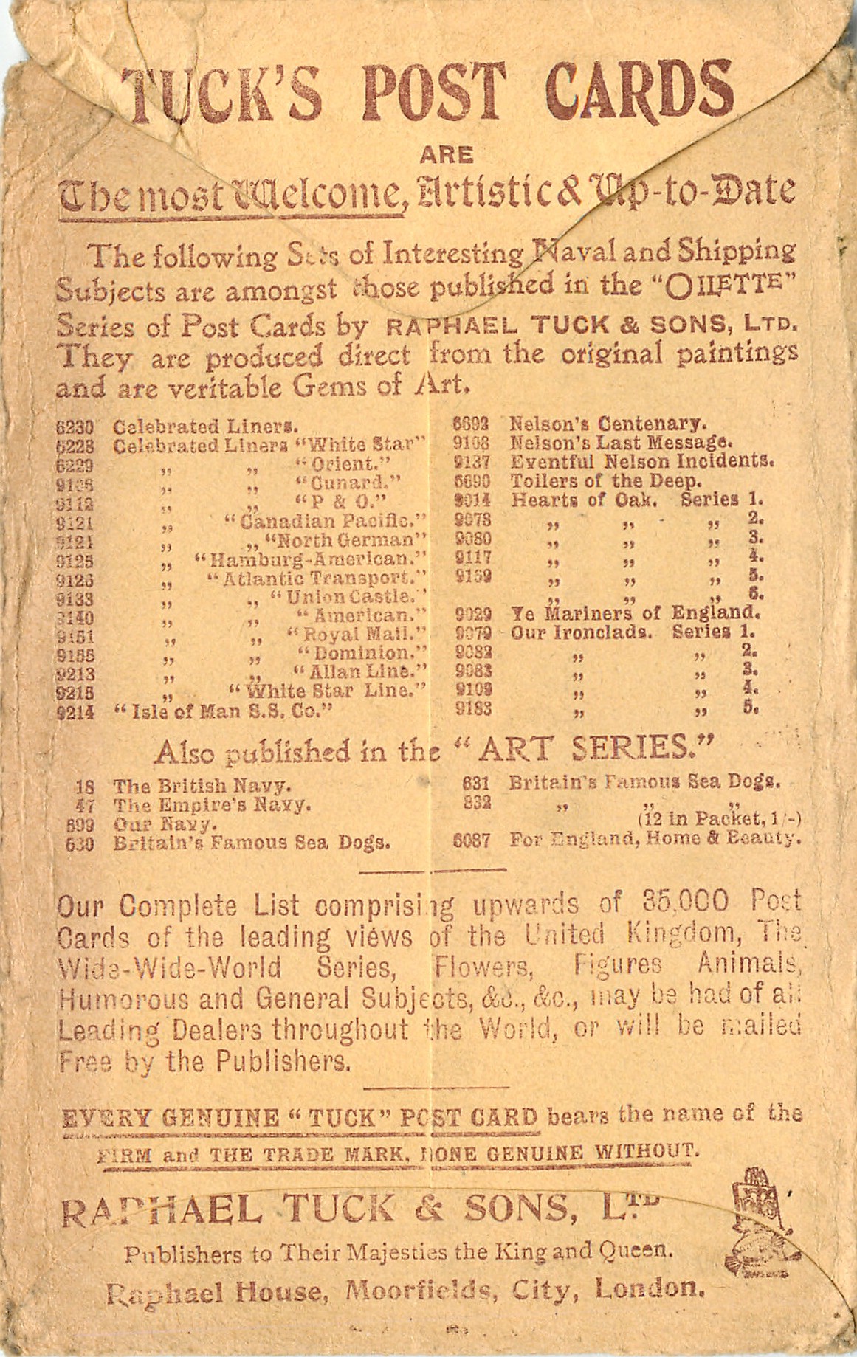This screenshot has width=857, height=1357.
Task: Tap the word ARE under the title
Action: point(446,155)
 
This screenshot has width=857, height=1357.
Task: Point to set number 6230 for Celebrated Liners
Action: point(75,427)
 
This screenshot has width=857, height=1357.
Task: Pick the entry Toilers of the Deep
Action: point(605,481)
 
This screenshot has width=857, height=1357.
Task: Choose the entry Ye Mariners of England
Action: point(635,613)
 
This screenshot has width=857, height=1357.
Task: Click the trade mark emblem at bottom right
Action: point(758,1210)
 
